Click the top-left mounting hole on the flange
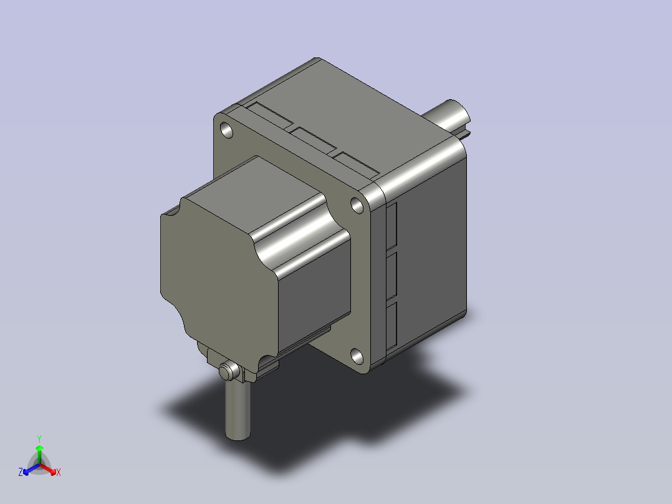coord(226,130)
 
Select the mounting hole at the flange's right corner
coord(357,205)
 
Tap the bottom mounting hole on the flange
coord(357,356)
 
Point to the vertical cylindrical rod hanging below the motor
coord(238,410)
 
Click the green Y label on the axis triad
coord(39,439)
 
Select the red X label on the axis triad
coord(59,473)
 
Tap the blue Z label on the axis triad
coord(20,472)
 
